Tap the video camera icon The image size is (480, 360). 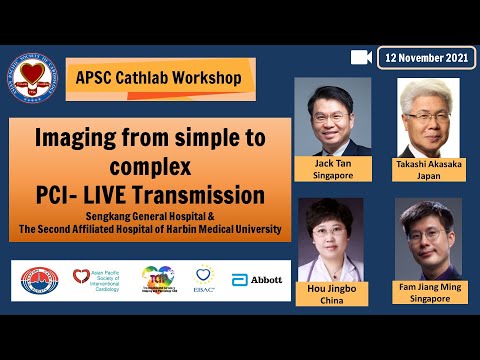362,57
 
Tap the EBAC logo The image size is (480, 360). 204,279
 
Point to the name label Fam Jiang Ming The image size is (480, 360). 428,288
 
